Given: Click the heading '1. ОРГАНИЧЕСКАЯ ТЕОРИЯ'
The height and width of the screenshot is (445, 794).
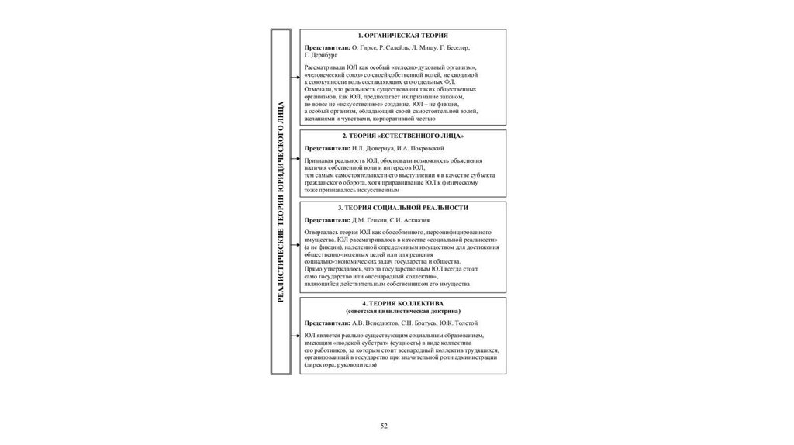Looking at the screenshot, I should pyautogui.click(x=402, y=36).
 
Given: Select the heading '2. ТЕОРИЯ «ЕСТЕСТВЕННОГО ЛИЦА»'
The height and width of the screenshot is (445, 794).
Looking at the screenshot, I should pyautogui.click(x=402, y=136).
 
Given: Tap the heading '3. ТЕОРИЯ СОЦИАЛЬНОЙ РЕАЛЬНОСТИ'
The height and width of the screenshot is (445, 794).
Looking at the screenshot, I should pyautogui.click(x=402, y=208).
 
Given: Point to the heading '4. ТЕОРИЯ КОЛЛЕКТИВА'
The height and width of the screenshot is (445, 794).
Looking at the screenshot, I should pyautogui.click(x=402, y=303).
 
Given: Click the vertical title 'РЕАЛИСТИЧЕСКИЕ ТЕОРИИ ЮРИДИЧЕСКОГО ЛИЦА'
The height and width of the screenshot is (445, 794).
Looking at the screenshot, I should pyautogui.click(x=281, y=201).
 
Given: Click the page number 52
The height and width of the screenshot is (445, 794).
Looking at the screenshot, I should pyautogui.click(x=383, y=426).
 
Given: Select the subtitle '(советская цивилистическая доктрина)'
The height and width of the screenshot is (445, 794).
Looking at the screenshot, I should pyautogui.click(x=402, y=311).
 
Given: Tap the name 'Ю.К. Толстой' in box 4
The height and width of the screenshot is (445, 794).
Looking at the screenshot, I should pyautogui.click(x=460, y=323).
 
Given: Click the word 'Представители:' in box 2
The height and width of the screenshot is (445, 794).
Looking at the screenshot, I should pyautogui.click(x=327, y=147).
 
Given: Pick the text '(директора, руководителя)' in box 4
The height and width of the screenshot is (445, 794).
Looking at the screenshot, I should pyautogui.click(x=341, y=364).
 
